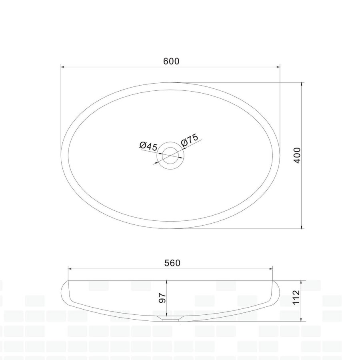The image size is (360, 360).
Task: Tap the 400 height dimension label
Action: (296, 155)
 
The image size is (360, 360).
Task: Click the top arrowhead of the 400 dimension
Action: (301, 84)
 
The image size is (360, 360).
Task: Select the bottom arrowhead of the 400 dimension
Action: (301, 227)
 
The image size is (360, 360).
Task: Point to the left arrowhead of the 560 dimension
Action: (69, 269)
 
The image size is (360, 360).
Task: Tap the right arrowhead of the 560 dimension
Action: (272, 269)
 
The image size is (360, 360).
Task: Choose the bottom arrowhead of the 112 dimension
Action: (301, 320)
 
